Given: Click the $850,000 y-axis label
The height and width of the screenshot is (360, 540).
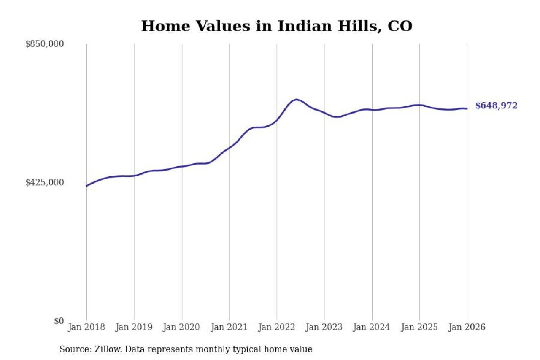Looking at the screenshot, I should coord(44,44).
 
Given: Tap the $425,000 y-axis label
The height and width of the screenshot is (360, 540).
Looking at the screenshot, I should coord(44,182).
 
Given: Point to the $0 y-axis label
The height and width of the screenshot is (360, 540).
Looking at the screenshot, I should coord(59,321).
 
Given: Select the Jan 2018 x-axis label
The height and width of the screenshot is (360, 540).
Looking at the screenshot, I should coord(86,328).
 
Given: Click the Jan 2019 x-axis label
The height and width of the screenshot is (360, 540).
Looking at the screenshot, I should coord(134,328).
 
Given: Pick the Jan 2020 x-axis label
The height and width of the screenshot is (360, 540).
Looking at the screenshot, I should coord(182,328).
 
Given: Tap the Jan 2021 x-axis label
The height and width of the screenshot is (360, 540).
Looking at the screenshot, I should coord(229,328).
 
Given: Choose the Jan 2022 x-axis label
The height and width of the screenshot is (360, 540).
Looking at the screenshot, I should coord(277,328).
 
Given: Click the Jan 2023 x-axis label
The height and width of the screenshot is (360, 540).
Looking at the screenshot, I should coord(324,328).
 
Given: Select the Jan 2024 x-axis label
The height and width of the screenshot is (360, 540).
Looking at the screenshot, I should coord(372,328).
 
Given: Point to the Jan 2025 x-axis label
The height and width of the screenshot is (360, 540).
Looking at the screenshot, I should coord(420,328).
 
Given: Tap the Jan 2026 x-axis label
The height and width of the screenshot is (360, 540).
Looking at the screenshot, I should coord(467,328).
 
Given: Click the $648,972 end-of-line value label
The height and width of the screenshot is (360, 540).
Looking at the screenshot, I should coord(496,106).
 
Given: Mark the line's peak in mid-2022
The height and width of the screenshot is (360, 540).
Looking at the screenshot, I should coord(297,100).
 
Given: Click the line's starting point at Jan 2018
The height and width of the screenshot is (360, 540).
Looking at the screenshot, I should coord(86,186).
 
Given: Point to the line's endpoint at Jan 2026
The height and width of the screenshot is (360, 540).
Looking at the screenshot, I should coord(467,109).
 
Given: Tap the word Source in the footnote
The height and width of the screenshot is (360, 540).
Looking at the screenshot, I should coord(73,349).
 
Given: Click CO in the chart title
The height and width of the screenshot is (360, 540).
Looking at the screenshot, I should coord(400,26).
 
